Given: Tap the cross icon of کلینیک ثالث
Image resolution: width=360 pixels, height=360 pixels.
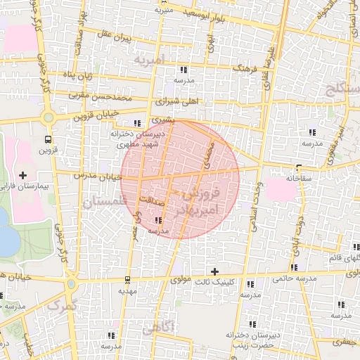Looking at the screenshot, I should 215,271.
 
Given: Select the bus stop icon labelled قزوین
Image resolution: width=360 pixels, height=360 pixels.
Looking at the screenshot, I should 48,139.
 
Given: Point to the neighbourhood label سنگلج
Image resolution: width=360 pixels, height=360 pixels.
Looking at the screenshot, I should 342,89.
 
